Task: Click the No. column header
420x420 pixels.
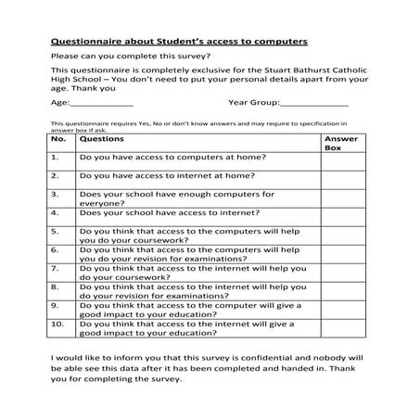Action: tap(58, 138)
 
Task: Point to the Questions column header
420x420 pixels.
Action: tap(102, 138)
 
